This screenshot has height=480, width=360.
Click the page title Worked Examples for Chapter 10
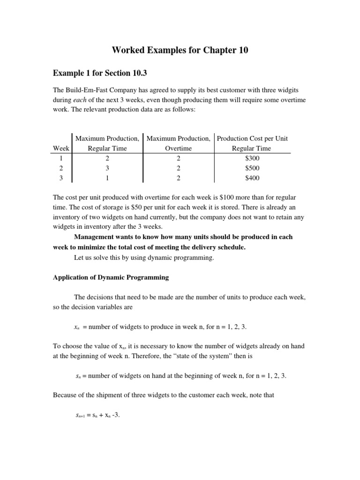180,50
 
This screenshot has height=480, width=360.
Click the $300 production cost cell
252,158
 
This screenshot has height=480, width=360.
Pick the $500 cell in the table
252,168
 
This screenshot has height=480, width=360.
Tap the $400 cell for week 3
252,178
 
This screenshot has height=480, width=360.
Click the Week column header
61,148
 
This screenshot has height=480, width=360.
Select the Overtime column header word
178,148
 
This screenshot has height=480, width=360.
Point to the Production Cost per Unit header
252,138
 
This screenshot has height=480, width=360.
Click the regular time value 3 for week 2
107,168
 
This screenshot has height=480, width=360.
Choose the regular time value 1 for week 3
107,178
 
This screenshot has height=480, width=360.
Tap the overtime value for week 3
178,178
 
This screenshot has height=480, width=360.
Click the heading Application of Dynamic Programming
111,277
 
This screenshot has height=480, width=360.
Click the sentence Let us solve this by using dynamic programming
144,257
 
